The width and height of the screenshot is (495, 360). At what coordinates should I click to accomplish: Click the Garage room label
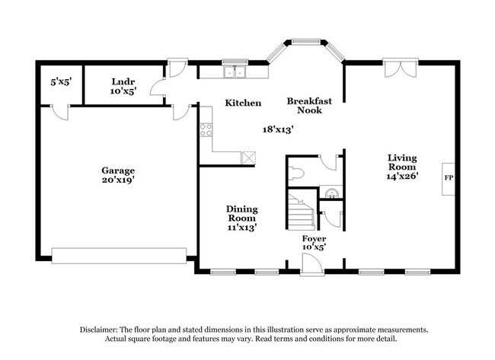[x=118, y=171]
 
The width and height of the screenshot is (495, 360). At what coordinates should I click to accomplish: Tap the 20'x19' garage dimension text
[x=118, y=182]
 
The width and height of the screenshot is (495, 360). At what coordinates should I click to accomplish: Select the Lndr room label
[x=123, y=81]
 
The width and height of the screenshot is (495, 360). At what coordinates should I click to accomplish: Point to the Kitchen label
[x=243, y=103]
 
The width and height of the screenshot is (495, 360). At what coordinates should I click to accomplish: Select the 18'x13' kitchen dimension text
[x=278, y=129]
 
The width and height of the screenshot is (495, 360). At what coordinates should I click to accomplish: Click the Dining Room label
[x=242, y=213]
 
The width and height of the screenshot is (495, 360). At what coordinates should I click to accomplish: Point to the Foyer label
[x=314, y=239]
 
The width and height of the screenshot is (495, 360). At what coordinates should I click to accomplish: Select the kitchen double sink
[x=235, y=72]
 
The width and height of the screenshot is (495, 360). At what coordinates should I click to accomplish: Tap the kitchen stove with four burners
[x=204, y=130]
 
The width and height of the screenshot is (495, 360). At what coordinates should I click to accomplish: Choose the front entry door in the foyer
[x=311, y=264]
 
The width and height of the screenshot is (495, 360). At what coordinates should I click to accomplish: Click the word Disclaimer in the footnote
[x=101, y=330]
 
